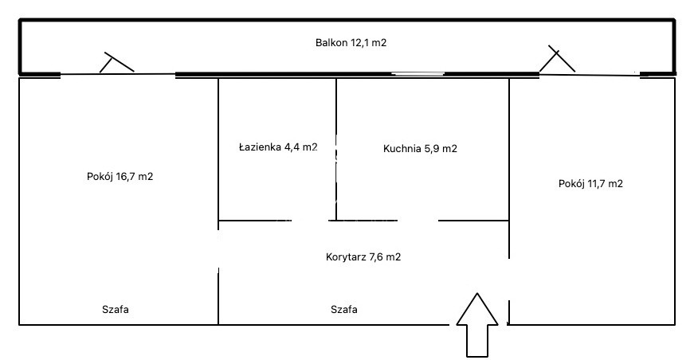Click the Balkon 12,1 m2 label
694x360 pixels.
pyautogui.click(x=351, y=43)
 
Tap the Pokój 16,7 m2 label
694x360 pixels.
pyautogui.click(x=120, y=177)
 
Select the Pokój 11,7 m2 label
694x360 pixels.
pyautogui.click(x=590, y=183)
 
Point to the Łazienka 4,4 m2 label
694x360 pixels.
pyautogui.click(x=278, y=147)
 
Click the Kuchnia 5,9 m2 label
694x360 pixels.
pyautogui.click(x=420, y=149)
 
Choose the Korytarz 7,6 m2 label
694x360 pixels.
pyautogui.click(x=363, y=257)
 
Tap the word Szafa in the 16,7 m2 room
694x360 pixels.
pyautogui.click(x=116, y=309)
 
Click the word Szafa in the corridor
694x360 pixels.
pyautogui.click(x=344, y=309)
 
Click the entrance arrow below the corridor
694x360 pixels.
pyautogui.click(x=477, y=324)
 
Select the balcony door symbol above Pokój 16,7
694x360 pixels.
pyautogui.click(x=117, y=62)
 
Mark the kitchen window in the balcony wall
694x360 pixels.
pyautogui.click(x=418, y=74)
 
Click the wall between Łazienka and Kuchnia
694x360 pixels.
pyautogui.click(x=336, y=149)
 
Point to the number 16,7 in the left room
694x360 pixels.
pyautogui.click(x=126, y=177)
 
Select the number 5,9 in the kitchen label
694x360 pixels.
pyautogui.click(x=432, y=149)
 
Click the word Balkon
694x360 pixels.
pyautogui.click(x=331, y=43)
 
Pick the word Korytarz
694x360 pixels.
pyautogui.click(x=346, y=257)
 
